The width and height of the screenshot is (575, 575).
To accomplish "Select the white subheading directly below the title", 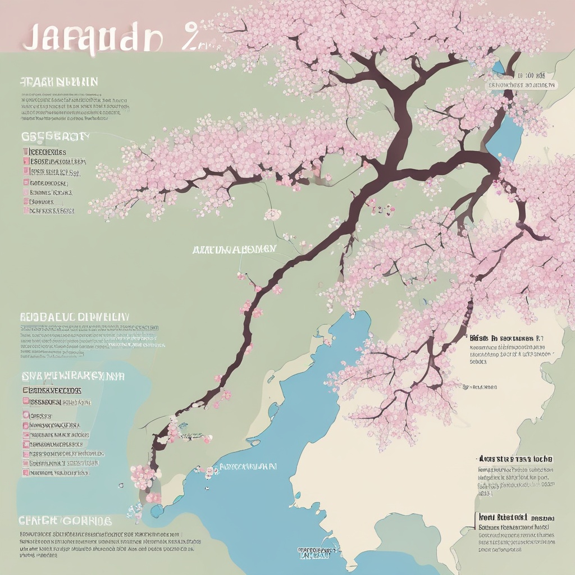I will click(x=59, y=82).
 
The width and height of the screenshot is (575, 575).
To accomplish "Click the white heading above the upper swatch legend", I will click(x=55, y=136).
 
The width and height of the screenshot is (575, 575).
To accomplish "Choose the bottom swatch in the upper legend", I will click(x=26, y=211).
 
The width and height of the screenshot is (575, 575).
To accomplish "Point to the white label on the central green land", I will click(x=234, y=249).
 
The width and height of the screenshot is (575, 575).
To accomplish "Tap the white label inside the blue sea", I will click(x=248, y=466).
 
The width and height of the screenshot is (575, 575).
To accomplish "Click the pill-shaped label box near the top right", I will click(x=522, y=85).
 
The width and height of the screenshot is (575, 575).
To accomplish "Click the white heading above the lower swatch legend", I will click(x=72, y=376).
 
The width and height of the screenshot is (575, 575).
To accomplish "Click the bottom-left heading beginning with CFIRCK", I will click(x=65, y=521).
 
